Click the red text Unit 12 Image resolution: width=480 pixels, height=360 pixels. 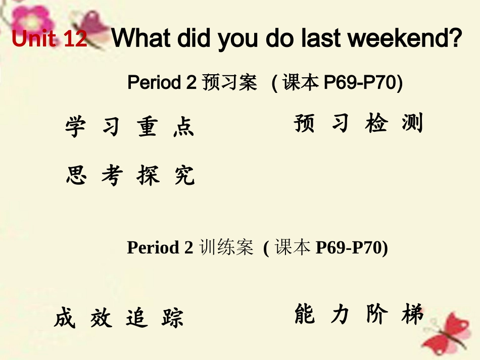(x=50, y=39)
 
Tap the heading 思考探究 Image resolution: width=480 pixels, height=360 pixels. (x=130, y=176)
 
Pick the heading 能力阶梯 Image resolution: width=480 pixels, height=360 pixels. (x=358, y=315)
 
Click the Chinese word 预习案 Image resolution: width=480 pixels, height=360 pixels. (x=229, y=83)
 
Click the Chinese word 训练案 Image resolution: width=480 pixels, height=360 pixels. (x=226, y=248)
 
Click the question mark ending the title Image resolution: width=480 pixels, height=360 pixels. (x=455, y=39)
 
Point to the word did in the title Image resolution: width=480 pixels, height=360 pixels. (x=190, y=39)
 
